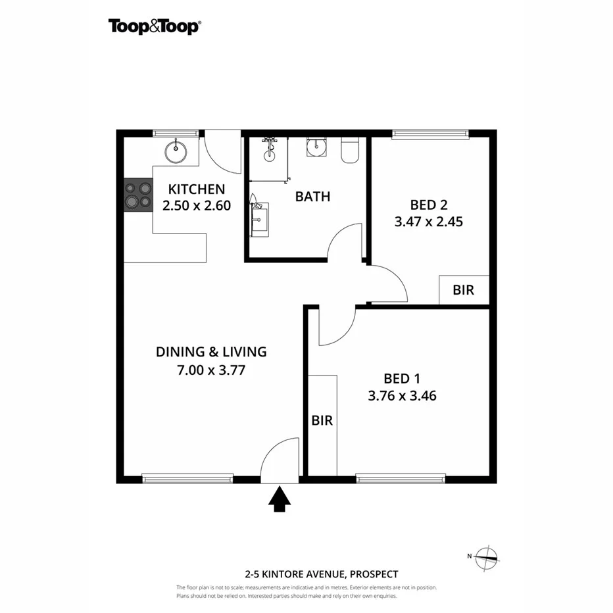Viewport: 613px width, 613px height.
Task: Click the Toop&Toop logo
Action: pyautogui.click(x=155, y=26)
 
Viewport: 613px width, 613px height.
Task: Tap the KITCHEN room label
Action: pyautogui.click(x=197, y=189)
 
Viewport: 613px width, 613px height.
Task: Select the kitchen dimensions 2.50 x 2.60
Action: pyautogui.click(x=197, y=205)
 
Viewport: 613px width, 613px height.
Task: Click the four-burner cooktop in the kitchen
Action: pyautogui.click(x=138, y=196)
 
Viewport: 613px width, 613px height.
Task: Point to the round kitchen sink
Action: pyautogui.click(x=176, y=152)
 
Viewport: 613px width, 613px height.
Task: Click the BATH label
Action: pyautogui.click(x=312, y=196)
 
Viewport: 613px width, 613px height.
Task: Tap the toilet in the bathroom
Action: pyautogui.click(x=349, y=151)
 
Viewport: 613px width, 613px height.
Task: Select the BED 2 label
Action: pyautogui.click(x=429, y=204)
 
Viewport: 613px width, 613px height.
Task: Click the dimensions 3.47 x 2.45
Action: pyautogui.click(x=429, y=222)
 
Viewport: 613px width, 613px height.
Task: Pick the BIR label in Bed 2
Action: pyautogui.click(x=464, y=290)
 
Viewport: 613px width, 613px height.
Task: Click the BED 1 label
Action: pyautogui.click(x=402, y=378)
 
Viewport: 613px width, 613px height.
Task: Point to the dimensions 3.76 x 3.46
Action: pyautogui.click(x=402, y=396)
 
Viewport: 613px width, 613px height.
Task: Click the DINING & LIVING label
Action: pyautogui.click(x=211, y=352)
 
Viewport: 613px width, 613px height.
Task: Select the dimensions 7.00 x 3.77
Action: pyautogui.click(x=211, y=370)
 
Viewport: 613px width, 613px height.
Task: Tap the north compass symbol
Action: pyautogui.click(x=486, y=557)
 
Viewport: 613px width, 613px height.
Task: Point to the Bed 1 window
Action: pyautogui.click(x=401, y=479)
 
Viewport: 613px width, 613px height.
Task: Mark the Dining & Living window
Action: pyautogui.click(x=188, y=479)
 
